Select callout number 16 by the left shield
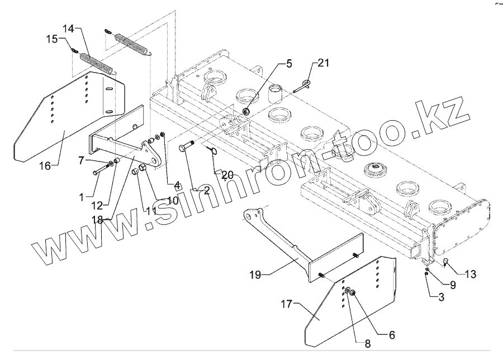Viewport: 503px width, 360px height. click(45, 165)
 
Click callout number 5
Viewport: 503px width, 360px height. click(288, 63)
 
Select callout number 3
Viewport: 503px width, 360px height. click(440, 297)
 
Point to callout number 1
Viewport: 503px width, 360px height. click(82, 197)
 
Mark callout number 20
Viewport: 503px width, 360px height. click(227, 175)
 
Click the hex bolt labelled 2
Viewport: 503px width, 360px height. click(187, 149)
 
